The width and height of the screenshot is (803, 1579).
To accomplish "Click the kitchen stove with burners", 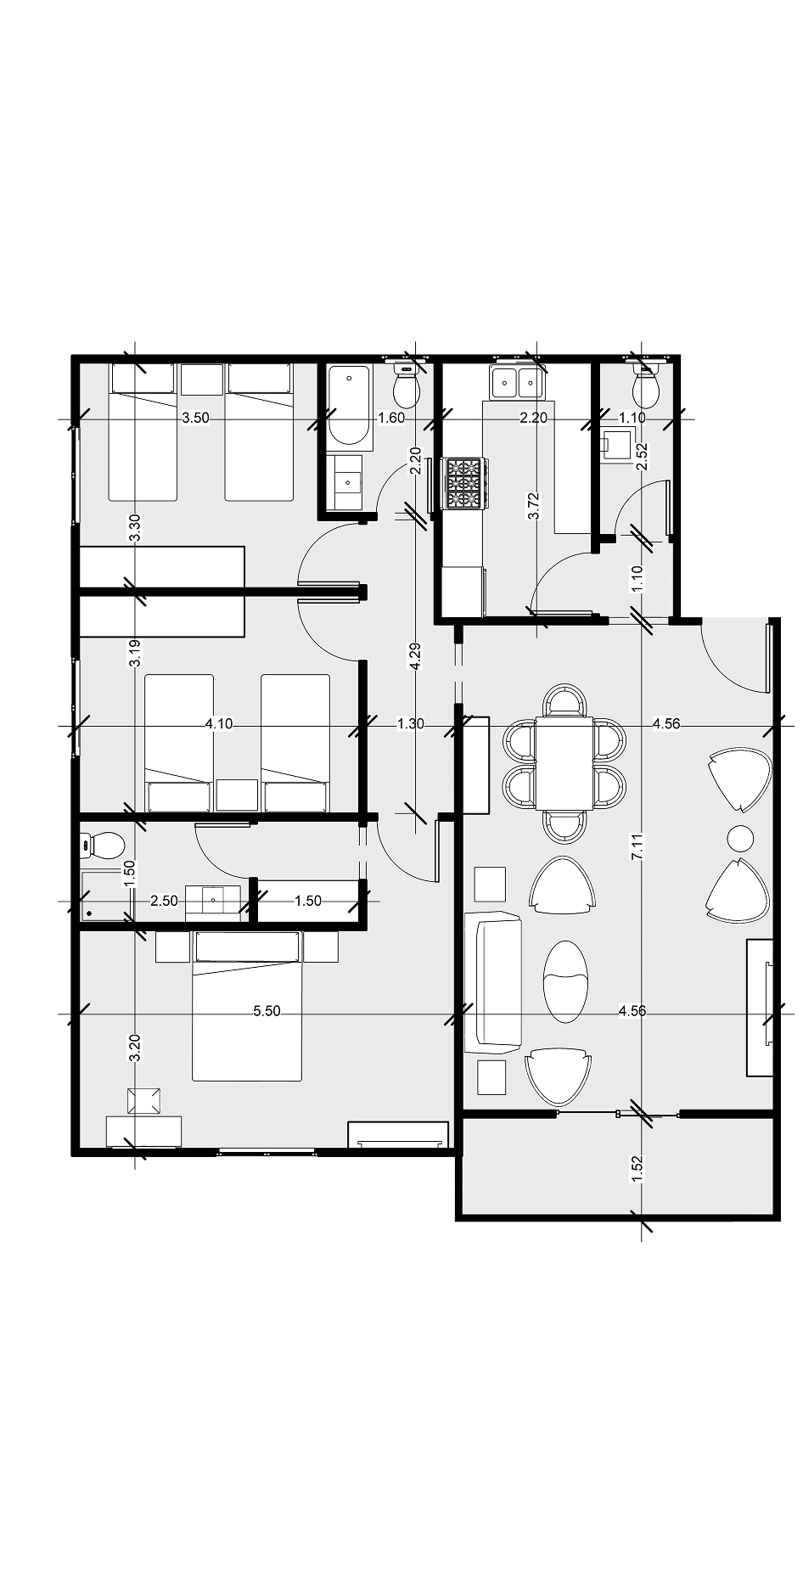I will coord(464,483).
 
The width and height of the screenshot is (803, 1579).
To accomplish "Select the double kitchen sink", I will coord(516,383).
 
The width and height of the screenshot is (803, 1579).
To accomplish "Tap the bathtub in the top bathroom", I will coord(349,407).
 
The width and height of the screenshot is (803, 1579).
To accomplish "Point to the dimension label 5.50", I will coord(267,1011).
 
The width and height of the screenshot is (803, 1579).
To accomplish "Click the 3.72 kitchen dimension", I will coord(534,506).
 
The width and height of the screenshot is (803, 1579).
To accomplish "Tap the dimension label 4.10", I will coord(219,724).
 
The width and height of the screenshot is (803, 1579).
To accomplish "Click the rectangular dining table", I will coord(564,762).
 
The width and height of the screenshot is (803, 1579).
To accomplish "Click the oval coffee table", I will coord(564,981).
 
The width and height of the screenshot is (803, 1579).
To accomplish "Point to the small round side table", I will coord(740,839).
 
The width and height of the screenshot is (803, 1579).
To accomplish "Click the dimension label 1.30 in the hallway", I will coord(411,724).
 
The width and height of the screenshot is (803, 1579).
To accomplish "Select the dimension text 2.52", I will coord(642,457).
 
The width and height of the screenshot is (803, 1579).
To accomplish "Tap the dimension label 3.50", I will coord(195,418).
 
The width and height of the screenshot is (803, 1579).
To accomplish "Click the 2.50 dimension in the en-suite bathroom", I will coord(164,901).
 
